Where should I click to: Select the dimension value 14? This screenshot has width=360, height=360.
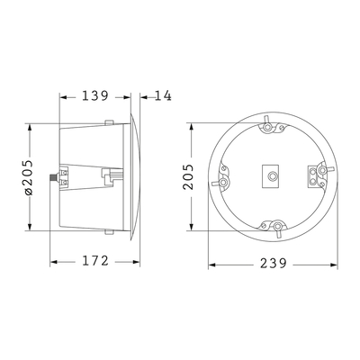tap(164, 94)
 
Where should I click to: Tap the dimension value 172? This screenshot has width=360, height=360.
tap(94, 261)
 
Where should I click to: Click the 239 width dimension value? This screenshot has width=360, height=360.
tap(272, 264)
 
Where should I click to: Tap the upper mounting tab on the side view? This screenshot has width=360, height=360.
tap(108, 123)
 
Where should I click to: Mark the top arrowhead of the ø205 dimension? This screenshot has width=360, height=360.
tap(30, 124)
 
